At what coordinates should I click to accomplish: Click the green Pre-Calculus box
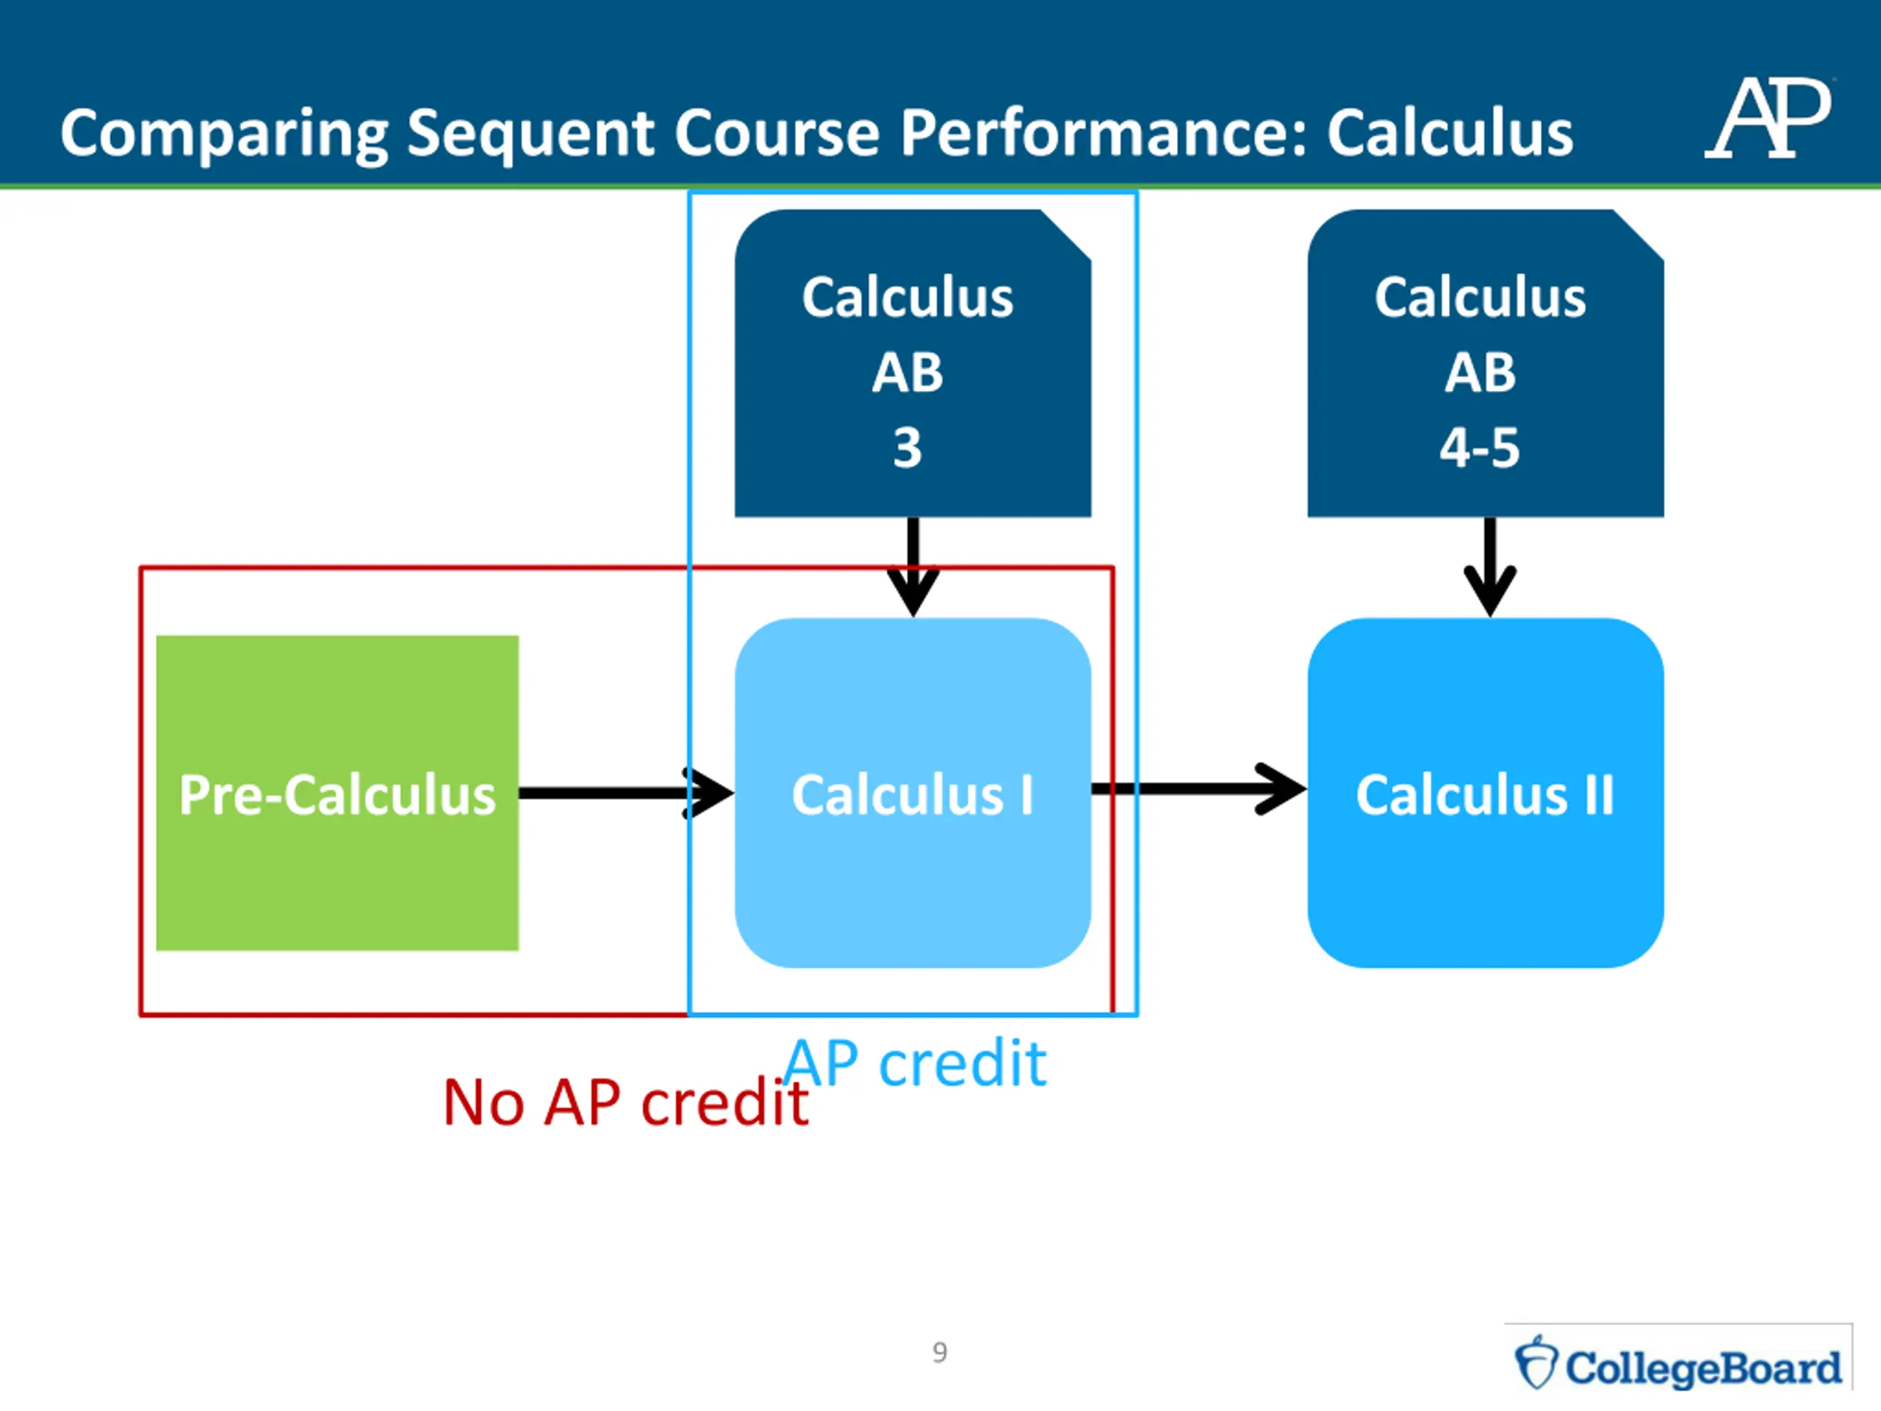[337, 793]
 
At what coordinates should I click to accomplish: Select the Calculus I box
[913, 793]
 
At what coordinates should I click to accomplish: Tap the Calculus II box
[1485, 793]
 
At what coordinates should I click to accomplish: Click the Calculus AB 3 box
[913, 363]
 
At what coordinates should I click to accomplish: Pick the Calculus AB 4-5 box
[1485, 363]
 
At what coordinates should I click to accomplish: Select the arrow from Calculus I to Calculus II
[1199, 789]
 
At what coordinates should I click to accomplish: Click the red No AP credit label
[626, 1103]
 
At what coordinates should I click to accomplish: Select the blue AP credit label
[915, 1063]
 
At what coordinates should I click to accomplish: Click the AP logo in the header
[1769, 119]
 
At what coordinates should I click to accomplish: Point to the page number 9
[940, 1352]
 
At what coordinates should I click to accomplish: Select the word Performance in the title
[1103, 133]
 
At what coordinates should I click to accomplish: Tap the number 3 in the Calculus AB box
[907, 448]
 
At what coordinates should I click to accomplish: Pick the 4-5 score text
[1480, 448]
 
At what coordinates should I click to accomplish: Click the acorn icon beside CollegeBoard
[1536, 1363]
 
